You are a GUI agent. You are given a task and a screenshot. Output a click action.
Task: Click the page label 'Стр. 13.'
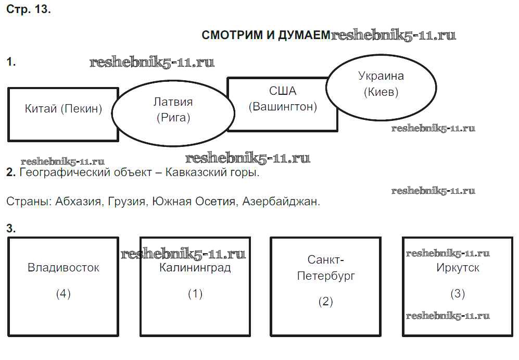[x=29, y=10]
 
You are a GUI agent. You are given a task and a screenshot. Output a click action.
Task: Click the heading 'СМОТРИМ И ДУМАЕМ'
[x=265, y=35]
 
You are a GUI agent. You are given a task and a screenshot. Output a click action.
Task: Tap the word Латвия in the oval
[x=173, y=102]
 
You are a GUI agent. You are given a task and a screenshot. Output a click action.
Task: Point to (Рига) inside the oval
[x=173, y=118]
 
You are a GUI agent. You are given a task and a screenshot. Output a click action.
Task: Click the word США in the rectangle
[x=283, y=91]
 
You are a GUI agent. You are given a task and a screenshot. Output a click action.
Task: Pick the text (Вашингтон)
[x=283, y=107]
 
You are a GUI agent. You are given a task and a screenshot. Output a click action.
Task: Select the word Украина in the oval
[x=381, y=76]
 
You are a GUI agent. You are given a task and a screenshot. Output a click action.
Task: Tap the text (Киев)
[x=381, y=93]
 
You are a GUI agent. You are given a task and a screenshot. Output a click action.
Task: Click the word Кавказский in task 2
[x=195, y=173]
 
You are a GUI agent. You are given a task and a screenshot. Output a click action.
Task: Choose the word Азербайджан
[x=281, y=202]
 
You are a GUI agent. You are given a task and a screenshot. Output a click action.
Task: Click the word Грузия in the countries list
[x=127, y=202]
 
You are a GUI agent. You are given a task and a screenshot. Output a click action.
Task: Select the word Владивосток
[x=63, y=268]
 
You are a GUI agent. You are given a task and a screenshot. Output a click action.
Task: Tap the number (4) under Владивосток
[x=63, y=294]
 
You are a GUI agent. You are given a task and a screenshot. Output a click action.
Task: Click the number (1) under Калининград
[x=195, y=294]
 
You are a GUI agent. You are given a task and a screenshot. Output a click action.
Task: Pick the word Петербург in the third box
[x=326, y=276]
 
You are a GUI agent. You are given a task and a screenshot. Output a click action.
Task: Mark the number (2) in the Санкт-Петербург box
[x=326, y=301]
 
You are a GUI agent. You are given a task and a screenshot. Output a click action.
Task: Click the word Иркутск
[x=458, y=268]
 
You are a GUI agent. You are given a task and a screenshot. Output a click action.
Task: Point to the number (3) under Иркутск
[x=457, y=294]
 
